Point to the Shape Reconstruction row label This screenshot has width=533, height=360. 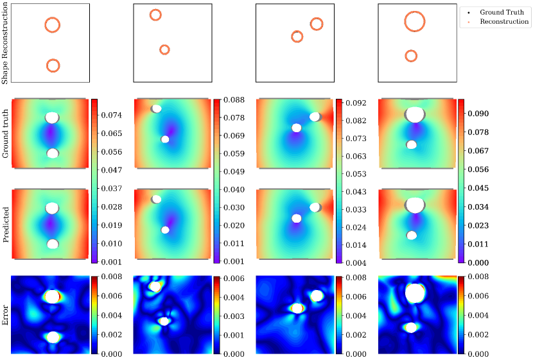6,44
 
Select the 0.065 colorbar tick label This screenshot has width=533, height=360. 112,133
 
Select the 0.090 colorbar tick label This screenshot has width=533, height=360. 478,114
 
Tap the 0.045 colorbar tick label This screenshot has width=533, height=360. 478,188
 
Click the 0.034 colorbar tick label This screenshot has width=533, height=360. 478,207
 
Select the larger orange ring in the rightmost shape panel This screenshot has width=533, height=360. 415,22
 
